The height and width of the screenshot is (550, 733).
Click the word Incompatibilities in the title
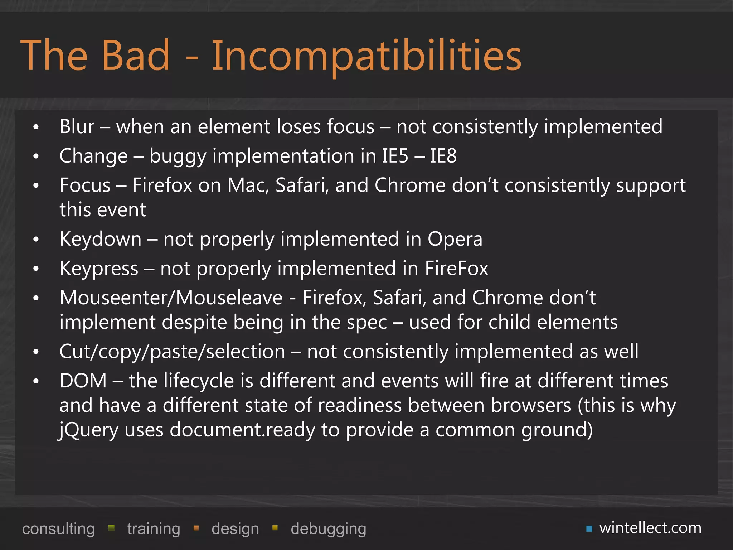point(366,56)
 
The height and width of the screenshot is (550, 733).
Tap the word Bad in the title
point(136,56)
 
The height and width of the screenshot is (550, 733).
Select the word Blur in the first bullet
point(77,126)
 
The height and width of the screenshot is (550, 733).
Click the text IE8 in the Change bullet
point(443,156)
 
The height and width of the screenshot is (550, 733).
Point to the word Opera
point(455,239)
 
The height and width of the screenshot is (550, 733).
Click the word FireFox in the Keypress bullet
point(456,268)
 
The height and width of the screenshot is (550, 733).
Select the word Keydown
point(101,239)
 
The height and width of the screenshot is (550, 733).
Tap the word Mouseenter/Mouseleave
point(171,298)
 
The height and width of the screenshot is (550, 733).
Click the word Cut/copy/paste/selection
point(172,351)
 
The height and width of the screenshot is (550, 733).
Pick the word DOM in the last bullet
point(83,381)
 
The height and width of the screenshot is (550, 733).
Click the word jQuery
point(88,430)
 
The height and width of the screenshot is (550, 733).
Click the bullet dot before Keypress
point(36,269)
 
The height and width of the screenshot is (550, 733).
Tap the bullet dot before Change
point(36,156)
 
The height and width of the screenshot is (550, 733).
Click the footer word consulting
point(58,529)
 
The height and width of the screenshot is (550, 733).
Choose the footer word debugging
point(328,529)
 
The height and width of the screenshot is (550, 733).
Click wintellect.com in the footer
point(650,528)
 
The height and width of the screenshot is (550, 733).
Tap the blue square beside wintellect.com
point(589,529)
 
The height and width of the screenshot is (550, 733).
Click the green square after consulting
point(111,528)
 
